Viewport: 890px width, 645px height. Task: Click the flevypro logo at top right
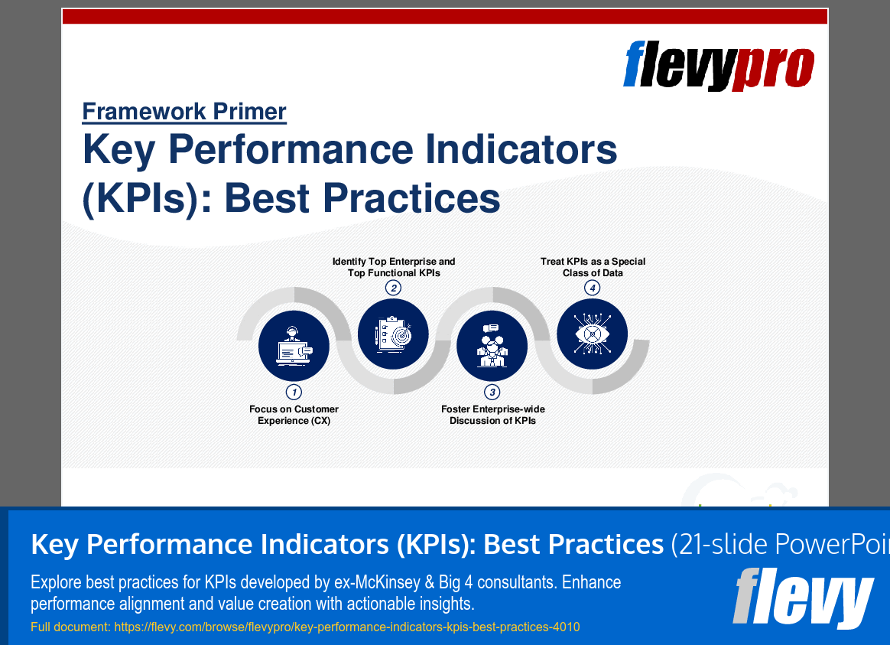click(718, 66)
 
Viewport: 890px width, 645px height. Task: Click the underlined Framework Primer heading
click(184, 112)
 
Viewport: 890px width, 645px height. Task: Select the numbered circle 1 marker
click(294, 392)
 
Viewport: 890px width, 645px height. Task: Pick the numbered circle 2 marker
click(393, 288)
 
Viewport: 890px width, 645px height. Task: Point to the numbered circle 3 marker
click(493, 393)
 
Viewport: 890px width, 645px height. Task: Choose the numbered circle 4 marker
click(592, 288)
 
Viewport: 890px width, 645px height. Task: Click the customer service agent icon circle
click(294, 347)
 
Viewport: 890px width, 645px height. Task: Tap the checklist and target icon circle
click(393, 334)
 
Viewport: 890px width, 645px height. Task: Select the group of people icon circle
click(492, 347)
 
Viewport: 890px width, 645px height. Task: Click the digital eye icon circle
click(592, 334)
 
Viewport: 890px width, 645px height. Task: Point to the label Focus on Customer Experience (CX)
click(294, 415)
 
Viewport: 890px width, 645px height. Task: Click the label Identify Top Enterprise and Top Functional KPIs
click(393, 267)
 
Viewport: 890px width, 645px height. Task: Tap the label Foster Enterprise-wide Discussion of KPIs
click(493, 415)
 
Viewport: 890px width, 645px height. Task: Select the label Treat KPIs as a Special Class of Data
click(593, 267)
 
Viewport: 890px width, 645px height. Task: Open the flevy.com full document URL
click(346, 627)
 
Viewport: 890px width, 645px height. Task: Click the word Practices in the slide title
click(412, 198)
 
